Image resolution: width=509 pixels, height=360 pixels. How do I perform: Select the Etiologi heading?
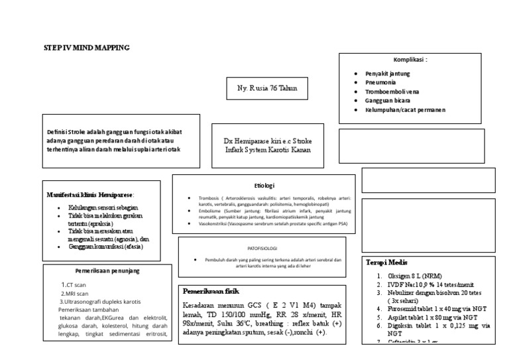pos(264,186)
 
